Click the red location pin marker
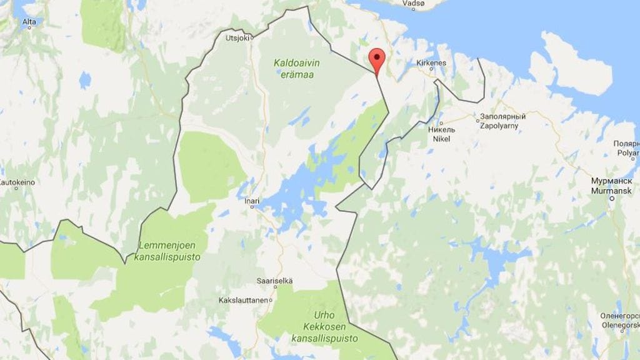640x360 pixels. click(376, 61)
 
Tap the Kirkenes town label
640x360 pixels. click(431, 63)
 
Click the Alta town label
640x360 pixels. click(29, 22)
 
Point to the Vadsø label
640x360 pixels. click(412, 3)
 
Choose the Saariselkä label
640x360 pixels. click(274, 281)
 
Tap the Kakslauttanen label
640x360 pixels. click(242, 300)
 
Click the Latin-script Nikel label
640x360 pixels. click(441, 139)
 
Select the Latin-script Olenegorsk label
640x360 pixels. click(619, 325)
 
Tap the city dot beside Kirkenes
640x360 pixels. click(431, 70)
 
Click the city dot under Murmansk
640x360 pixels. click(611, 198)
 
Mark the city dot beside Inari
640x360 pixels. click(252, 208)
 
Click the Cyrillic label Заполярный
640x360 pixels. click(502, 117)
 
